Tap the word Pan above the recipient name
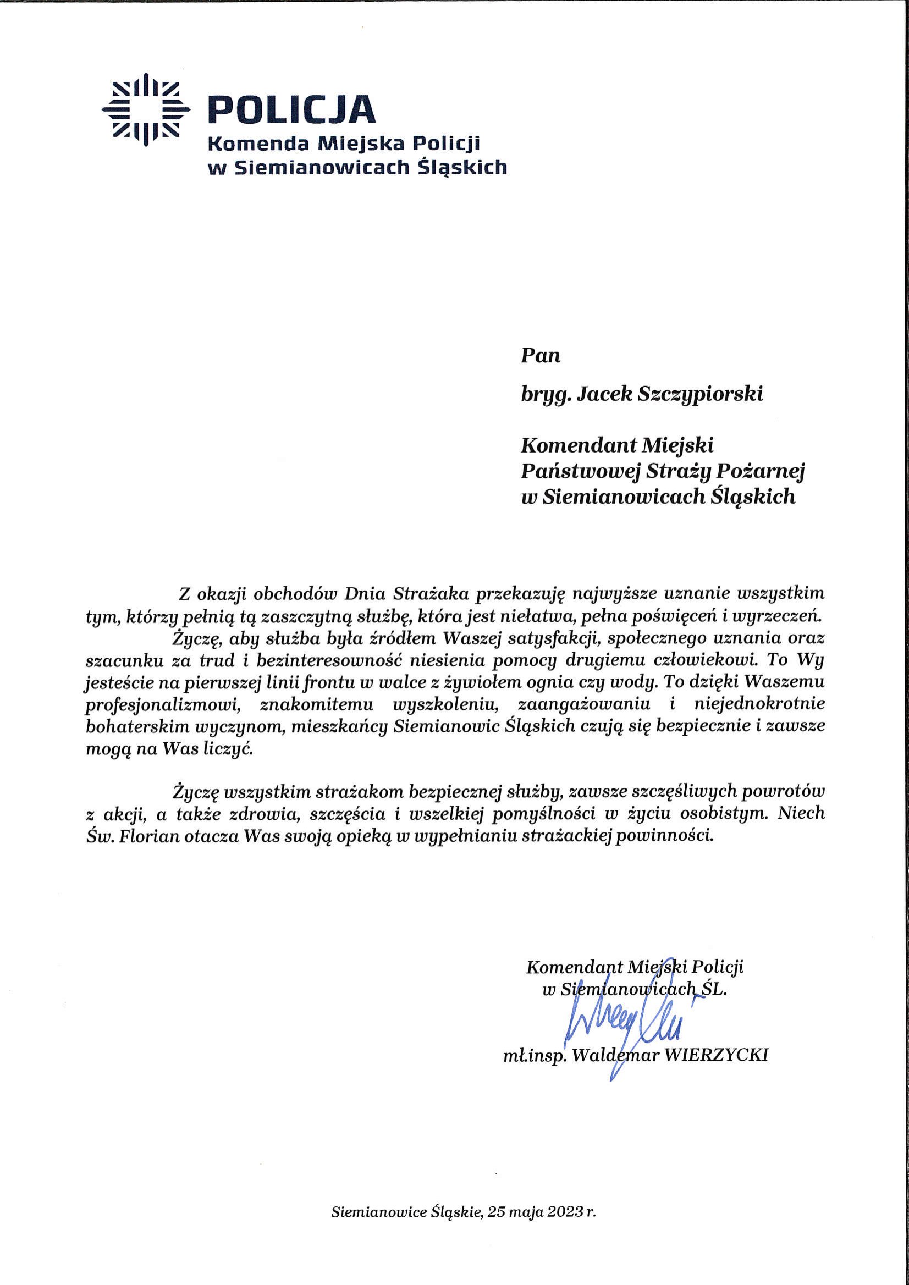(540, 356)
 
